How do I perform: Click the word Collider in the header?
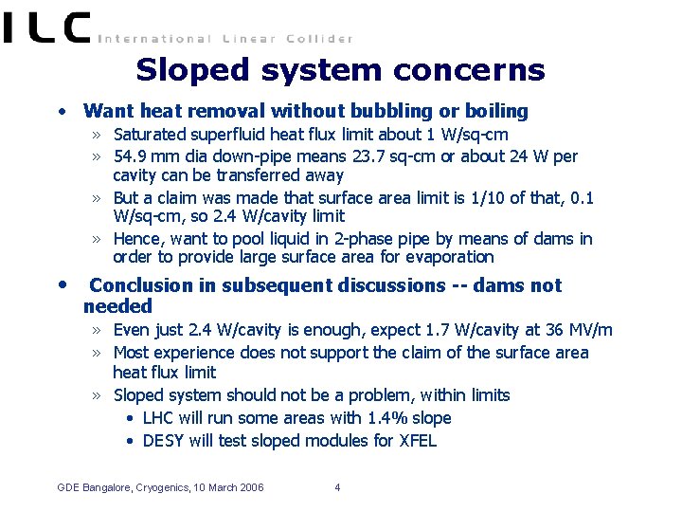tap(317, 39)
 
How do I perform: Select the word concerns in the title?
tap(484, 70)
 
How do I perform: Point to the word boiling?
tap(494, 111)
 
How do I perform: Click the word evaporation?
tap(446, 257)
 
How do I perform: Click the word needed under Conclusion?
tap(117, 306)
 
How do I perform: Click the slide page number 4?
tap(337, 488)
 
